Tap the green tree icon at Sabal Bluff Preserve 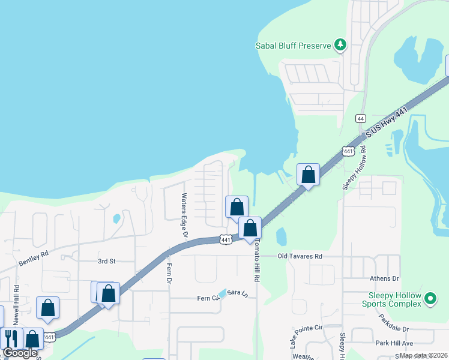tap(340, 44)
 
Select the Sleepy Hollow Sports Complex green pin tap(430, 298)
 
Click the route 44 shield tap(361, 118)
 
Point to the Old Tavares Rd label tap(300, 256)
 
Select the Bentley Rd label tap(32, 259)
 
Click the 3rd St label tap(106, 262)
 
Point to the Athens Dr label tap(387, 278)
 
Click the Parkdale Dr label tap(393, 329)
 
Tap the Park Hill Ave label tap(394, 343)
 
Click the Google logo tap(20, 353)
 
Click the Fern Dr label tap(169, 274)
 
